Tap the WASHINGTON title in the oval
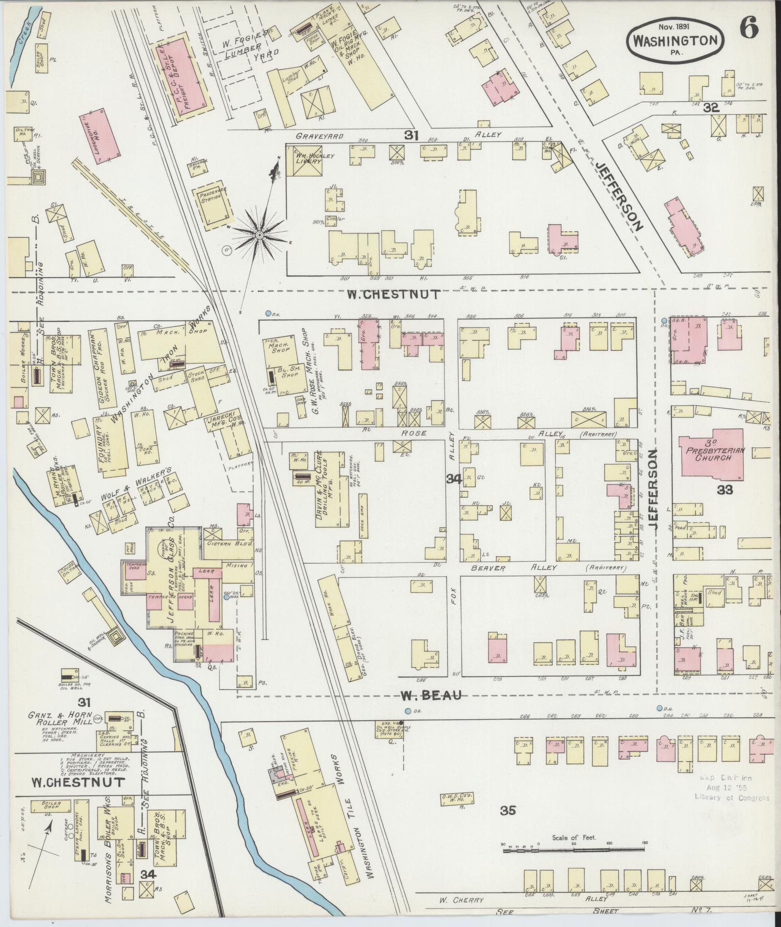point(676,40)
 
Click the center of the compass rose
point(260,235)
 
